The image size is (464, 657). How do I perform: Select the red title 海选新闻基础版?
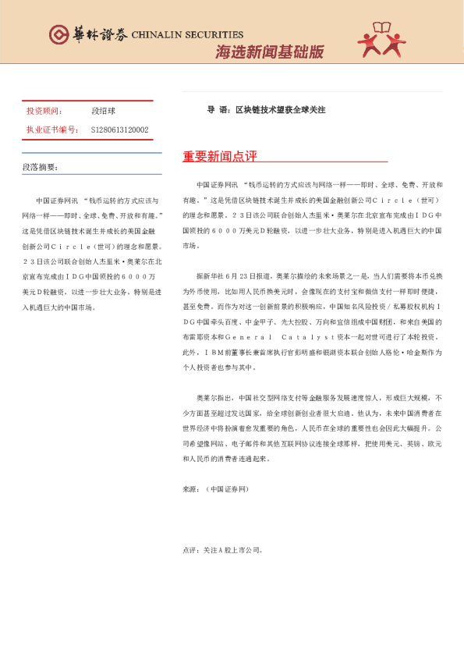pos(269,52)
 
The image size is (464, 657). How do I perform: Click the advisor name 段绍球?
pos(103,112)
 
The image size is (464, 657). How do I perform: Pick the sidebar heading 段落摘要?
pos(40,167)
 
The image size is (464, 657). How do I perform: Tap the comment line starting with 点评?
pos(222,549)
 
